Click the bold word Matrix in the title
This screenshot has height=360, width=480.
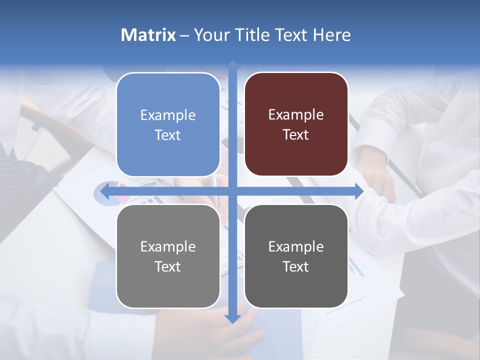(x=148, y=35)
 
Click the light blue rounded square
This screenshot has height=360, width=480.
(x=168, y=124)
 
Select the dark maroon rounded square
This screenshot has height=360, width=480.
(x=296, y=124)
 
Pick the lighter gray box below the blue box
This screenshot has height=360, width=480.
(x=168, y=256)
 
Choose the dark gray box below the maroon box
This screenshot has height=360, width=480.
(x=296, y=256)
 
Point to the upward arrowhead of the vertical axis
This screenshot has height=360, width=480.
(x=232, y=65)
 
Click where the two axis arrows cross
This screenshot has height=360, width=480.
(x=232, y=191)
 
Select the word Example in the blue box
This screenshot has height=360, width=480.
(x=168, y=115)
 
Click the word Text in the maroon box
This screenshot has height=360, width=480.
(x=296, y=135)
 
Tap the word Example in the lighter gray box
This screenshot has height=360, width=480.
(x=168, y=247)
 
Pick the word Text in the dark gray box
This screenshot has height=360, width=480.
(x=296, y=267)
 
